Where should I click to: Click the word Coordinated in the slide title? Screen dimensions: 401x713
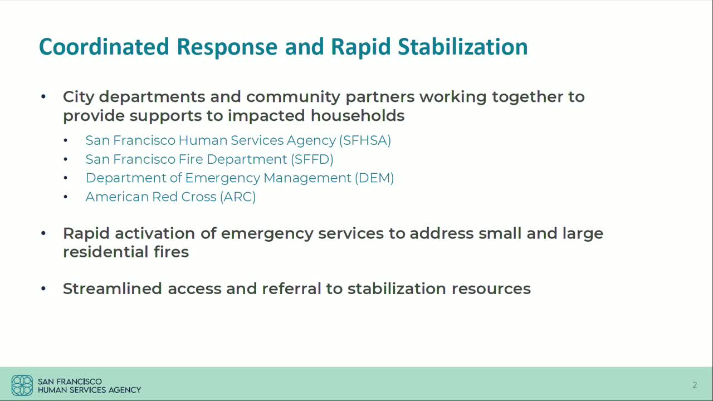tap(104, 47)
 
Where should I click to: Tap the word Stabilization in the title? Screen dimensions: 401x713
tap(462, 47)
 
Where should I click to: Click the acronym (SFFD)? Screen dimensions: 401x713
tap(311, 159)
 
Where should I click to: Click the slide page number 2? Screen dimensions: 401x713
tap(695, 385)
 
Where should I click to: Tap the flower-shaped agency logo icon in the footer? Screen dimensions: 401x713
tap(22, 385)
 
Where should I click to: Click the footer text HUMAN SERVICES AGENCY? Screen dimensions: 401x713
tap(89, 390)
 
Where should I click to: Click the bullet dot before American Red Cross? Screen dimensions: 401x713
tap(65, 197)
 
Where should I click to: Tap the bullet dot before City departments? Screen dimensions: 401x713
tap(43, 97)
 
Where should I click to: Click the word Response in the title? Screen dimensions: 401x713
tap(227, 47)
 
